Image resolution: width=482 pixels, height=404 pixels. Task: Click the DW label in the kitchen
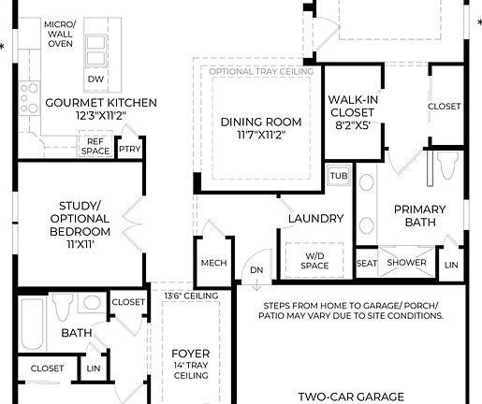tap(95, 79)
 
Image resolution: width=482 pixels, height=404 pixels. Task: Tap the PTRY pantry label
tap(129, 147)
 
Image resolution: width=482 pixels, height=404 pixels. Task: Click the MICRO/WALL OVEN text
tap(60, 33)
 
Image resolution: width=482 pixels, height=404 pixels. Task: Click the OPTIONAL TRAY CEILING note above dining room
tap(260, 71)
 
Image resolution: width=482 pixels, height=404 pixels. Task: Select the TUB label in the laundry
tap(338, 176)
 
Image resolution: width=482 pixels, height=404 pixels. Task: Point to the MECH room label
tap(214, 263)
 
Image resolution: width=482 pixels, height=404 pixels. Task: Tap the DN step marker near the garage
tap(255, 271)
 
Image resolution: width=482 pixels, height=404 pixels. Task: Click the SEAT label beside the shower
tap(367, 263)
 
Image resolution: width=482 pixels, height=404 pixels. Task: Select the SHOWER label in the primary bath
tap(407, 263)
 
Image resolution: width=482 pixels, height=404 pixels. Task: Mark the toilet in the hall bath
tap(64, 306)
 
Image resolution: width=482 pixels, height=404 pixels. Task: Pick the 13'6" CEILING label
tap(190, 296)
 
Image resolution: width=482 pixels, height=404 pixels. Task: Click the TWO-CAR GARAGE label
tap(351, 397)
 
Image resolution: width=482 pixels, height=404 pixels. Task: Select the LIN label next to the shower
tap(452, 265)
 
